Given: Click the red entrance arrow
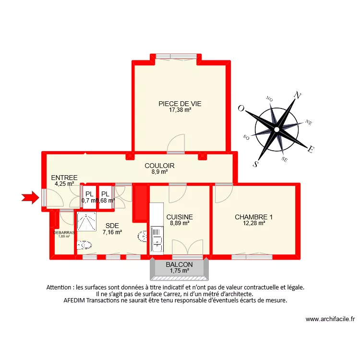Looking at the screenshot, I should (x=30, y=196).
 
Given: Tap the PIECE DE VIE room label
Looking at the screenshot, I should (x=180, y=104).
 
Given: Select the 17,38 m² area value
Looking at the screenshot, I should (x=180, y=110).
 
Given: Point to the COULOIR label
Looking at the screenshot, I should (x=160, y=166).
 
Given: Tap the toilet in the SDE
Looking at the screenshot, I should (x=85, y=245).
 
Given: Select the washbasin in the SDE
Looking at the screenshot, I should (x=142, y=236).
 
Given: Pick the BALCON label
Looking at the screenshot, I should (x=180, y=264).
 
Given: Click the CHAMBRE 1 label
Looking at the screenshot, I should (x=254, y=217).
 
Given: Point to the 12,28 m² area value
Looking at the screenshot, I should (x=254, y=223).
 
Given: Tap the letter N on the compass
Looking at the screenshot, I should (x=298, y=95).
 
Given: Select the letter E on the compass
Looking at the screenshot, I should (x=311, y=149).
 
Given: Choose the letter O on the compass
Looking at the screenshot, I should (x=241, y=108).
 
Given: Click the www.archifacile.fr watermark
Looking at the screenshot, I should (x=330, y=319).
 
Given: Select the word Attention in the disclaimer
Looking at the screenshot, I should (x=60, y=288).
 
